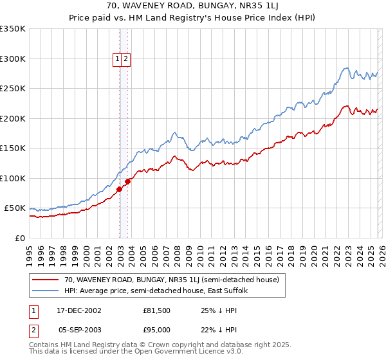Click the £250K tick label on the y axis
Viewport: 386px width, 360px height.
pyautogui.click(x=12, y=89)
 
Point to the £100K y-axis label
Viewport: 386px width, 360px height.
pyautogui.click(x=12, y=178)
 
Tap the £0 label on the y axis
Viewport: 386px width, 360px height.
pyautogui.click(x=19, y=238)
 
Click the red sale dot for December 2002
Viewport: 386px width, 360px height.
pyautogui.click(x=120, y=190)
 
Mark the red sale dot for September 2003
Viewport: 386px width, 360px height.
pyautogui.click(x=127, y=181)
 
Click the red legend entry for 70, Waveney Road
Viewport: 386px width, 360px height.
pyautogui.click(x=171, y=280)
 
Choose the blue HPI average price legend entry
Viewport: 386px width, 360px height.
pyautogui.click(x=160, y=291)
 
